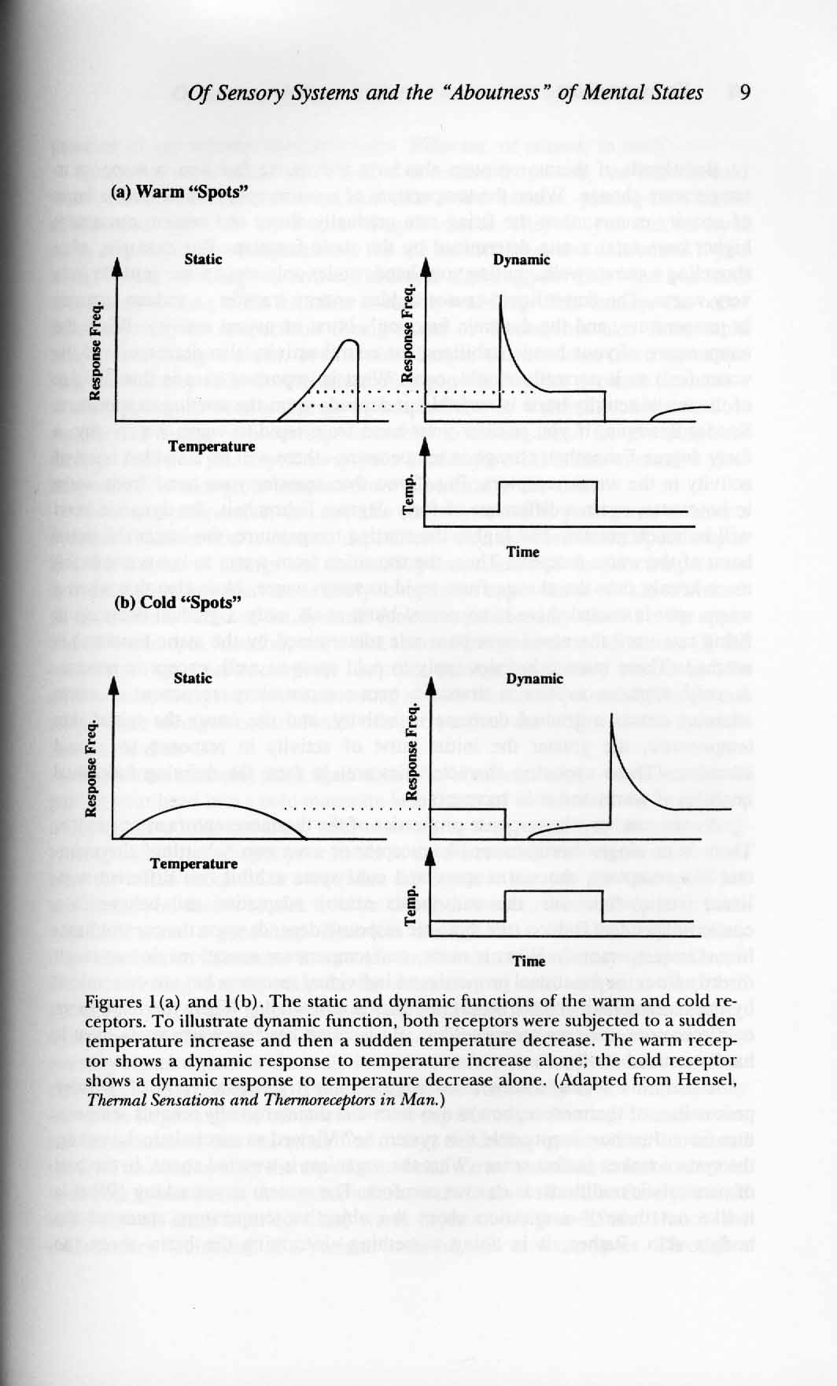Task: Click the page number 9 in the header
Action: click(x=745, y=93)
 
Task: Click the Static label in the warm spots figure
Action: click(x=203, y=259)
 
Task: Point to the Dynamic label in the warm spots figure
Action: click(x=522, y=260)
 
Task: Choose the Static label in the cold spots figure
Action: click(x=193, y=677)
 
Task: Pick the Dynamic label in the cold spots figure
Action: click(x=535, y=678)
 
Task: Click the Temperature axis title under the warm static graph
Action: click(x=212, y=447)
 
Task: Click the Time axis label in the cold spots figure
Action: click(x=529, y=961)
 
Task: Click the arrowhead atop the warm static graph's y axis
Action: click(x=115, y=267)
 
